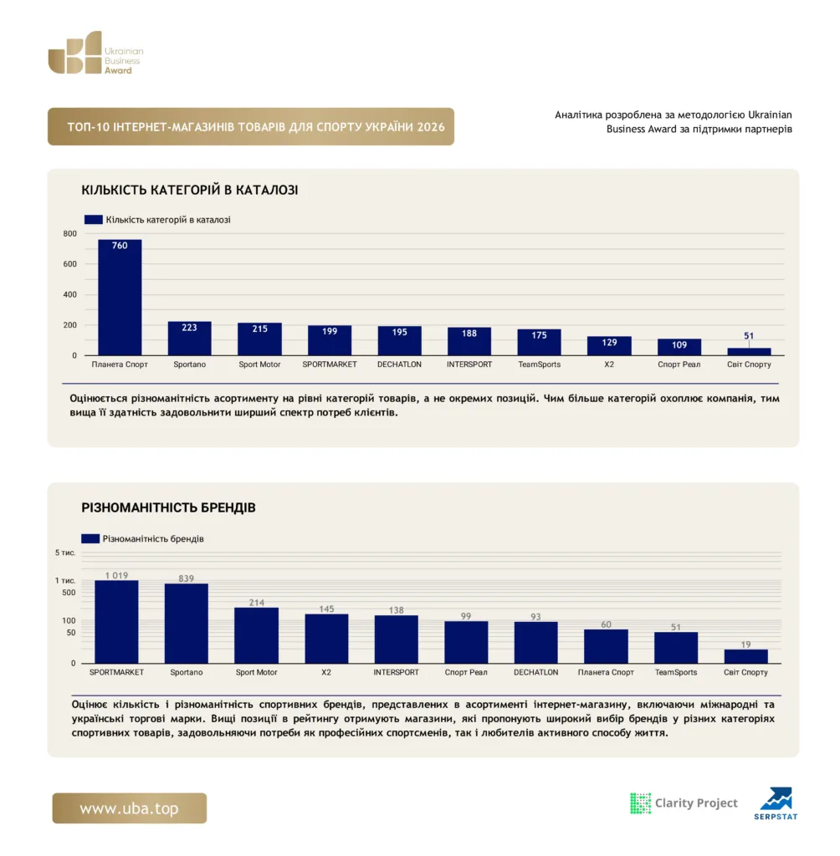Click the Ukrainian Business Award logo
95,53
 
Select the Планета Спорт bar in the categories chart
120,298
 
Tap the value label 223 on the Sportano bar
189,328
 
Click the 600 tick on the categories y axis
70,263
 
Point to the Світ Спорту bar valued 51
749,352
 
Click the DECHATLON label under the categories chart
400,364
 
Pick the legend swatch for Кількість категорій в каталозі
94,220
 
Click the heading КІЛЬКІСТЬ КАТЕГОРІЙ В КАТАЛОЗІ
190,190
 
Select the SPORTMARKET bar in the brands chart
116,622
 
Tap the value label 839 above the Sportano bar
187,578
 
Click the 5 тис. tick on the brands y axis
65,553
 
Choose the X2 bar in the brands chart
326,639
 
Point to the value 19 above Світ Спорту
746,645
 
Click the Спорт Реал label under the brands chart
466,672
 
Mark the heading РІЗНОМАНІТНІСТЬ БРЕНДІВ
168,507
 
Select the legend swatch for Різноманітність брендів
90,538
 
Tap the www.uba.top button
130,808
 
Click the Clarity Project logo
684,803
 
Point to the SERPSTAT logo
776,803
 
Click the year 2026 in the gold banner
431,127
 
